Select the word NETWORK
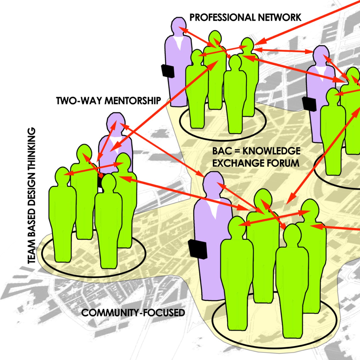280,17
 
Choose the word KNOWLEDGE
271,151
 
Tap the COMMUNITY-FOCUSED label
133,312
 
